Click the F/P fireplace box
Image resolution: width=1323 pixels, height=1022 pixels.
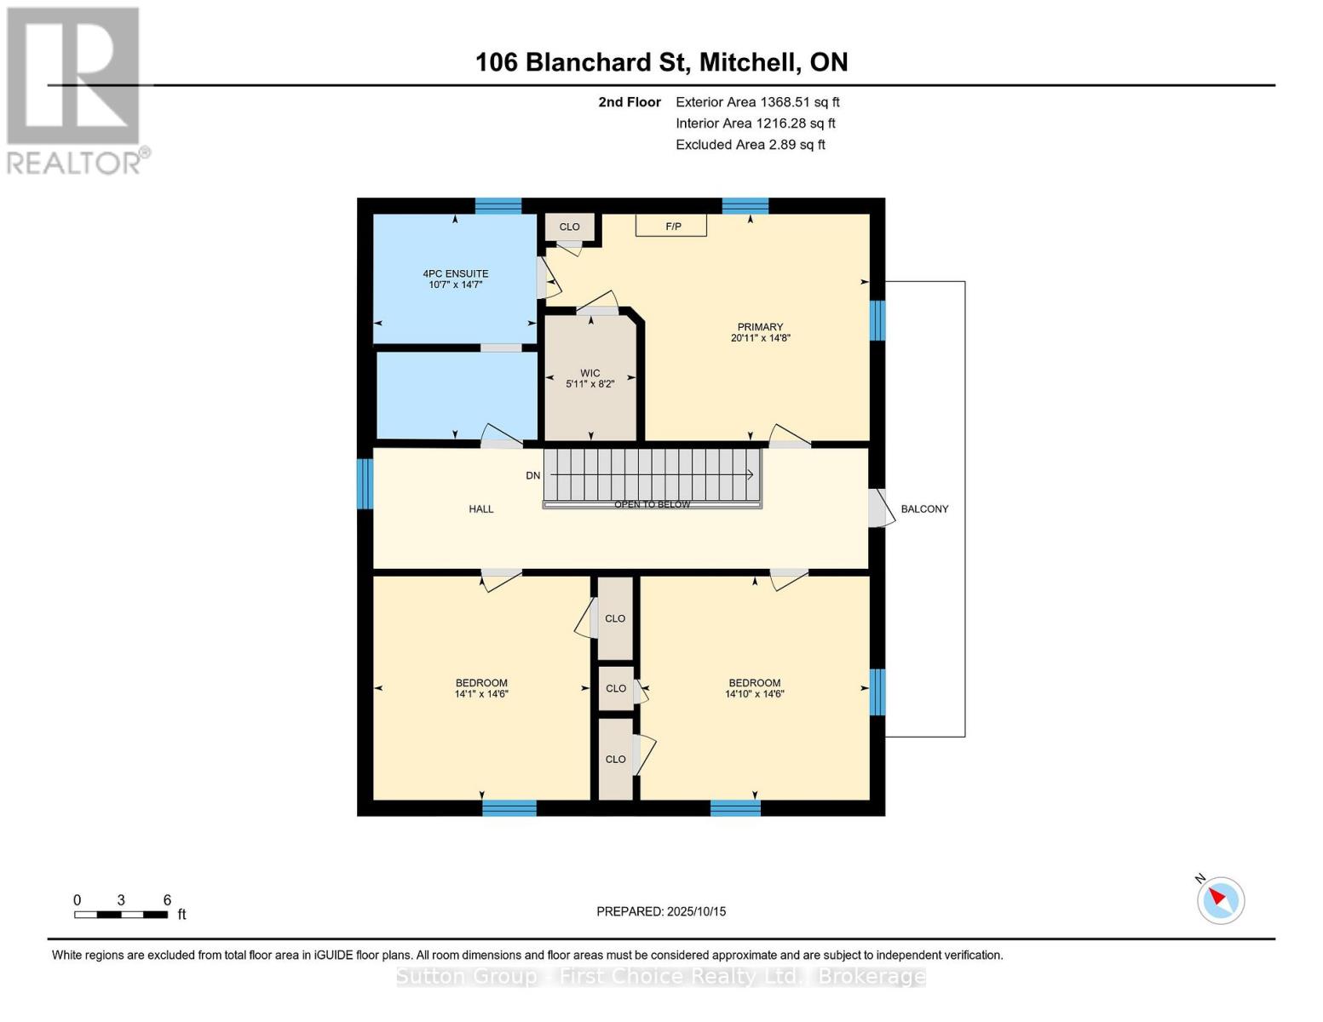[x=671, y=225]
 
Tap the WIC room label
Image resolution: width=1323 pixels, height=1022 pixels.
[x=590, y=373]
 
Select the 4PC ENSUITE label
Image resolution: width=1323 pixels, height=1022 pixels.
[x=456, y=274]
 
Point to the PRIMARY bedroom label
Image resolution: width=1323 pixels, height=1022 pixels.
[x=760, y=327]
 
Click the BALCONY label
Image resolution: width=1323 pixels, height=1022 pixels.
[x=924, y=508]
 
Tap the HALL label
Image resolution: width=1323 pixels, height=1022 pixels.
[x=481, y=508]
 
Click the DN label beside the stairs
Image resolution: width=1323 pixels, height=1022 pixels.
[x=532, y=475]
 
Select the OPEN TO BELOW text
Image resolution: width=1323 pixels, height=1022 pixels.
[x=652, y=504]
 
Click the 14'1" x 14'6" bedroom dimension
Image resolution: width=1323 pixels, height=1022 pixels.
[x=481, y=694]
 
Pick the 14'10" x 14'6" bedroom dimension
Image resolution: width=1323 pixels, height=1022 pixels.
[x=754, y=694]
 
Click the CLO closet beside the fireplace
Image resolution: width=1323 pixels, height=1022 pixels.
[x=569, y=227]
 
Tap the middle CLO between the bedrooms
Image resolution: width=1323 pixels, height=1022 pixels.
[x=616, y=688]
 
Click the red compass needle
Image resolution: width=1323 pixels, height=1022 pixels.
[x=1217, y=896]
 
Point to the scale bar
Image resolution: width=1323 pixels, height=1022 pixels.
[x=121, y=914]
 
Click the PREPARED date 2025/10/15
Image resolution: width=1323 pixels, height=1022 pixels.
[x=697, y=911]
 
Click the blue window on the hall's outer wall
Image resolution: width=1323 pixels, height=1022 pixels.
[x=364, y=484]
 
